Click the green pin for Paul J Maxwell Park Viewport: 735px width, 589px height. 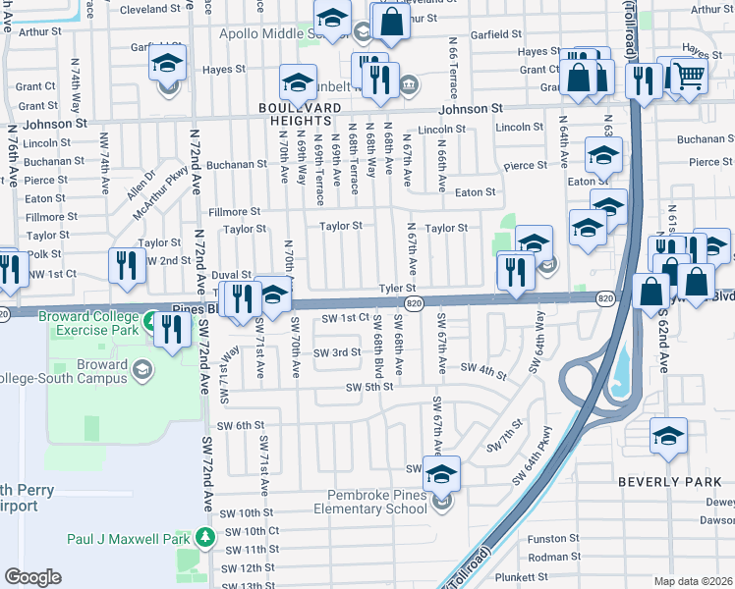(x=204, y=538)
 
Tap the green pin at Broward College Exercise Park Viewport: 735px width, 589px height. (x=150, y=321)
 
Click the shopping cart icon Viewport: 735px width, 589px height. (x=690, y=75)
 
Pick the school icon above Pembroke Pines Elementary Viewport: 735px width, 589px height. (x=441, y=474)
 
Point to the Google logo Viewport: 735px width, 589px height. (x=33, y=577)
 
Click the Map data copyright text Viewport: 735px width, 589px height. (x=694, y=581)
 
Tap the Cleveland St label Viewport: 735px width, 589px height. (x=151, y=10)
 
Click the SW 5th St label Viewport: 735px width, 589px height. (x=368, y=387)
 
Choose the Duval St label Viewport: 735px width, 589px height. (x=232, y=276)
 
